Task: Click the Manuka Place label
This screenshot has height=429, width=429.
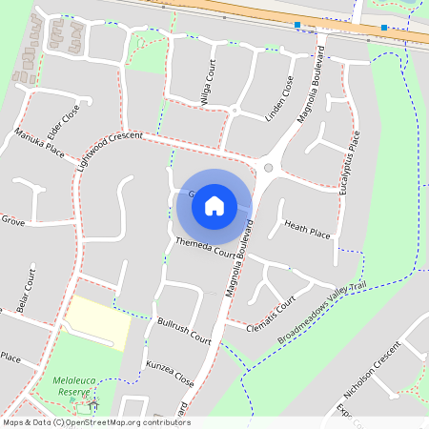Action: point(39,143)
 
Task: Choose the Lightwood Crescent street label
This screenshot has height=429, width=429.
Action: point(110,152)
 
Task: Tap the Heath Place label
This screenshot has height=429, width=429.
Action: point(307,229)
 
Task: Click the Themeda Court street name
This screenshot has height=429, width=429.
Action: point(206,249)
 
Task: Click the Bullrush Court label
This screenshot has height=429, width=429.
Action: point(185,331)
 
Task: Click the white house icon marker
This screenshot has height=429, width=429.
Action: point(214,205)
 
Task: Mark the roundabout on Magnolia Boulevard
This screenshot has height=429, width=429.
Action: point(268,169)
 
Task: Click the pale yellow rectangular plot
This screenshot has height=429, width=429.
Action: point(98,322)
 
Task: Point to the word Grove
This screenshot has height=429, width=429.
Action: point(12,220)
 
